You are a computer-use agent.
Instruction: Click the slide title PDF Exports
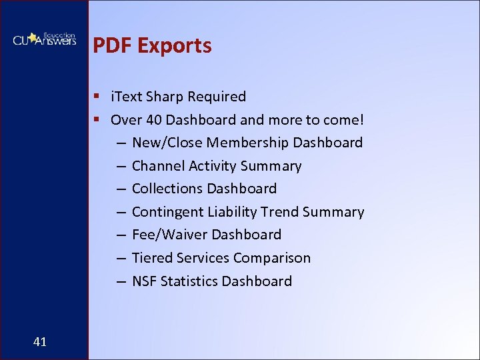(x=152, y=45)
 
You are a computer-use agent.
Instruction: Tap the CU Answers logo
(x=44, y=39)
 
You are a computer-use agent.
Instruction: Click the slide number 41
(x=39, y=342)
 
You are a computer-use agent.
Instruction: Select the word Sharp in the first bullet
(x=166, y=97)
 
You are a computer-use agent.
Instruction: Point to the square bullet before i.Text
(x=97, y=97)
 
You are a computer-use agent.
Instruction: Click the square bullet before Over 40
(x=97, y=120)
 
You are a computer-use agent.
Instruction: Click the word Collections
(x=167, y=189)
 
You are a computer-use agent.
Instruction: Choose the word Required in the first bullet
(x=217, y=97)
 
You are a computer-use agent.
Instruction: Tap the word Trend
(x=280, y=212)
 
